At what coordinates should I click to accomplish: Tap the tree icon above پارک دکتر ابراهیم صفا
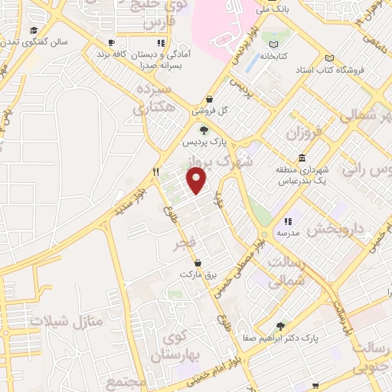(x=280, y=325)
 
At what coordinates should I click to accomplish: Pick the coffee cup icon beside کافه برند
(x=112, y=44)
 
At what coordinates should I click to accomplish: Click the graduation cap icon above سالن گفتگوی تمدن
(x=34, y=31)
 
